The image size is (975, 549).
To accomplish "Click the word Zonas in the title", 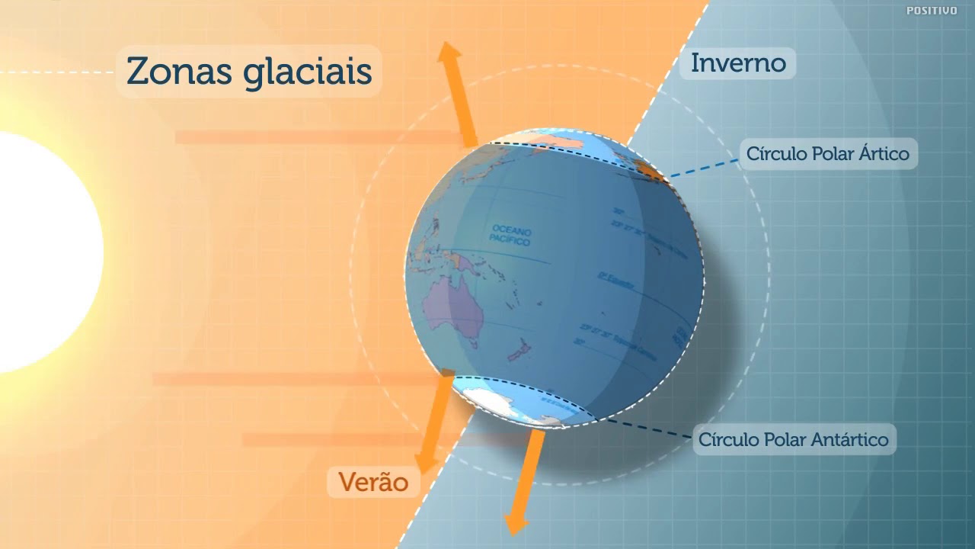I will coord(180,72).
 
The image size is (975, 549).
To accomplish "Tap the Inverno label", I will coord(738,63).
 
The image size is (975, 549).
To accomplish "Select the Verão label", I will coord(373,482).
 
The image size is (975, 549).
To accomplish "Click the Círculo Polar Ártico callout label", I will coord(827,154).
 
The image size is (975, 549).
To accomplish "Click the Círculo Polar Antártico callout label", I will coord(794,440).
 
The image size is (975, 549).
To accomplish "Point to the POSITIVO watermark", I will coord(932,11).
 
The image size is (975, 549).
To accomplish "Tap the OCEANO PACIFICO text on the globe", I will coord(511,234).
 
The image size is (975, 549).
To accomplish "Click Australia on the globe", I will coord(456,309).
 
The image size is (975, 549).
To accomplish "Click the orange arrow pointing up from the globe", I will coord(459,91).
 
